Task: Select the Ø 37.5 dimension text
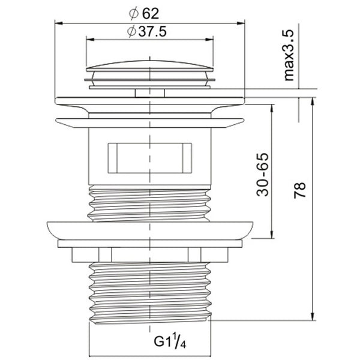coord(146,33)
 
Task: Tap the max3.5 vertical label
coord(289,56)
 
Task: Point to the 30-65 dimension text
coord(262,176)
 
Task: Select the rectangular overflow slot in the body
coord(149,157)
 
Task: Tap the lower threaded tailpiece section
coord(150,291)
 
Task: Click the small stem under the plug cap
coord(150,92)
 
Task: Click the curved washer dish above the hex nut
coord(150,230)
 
